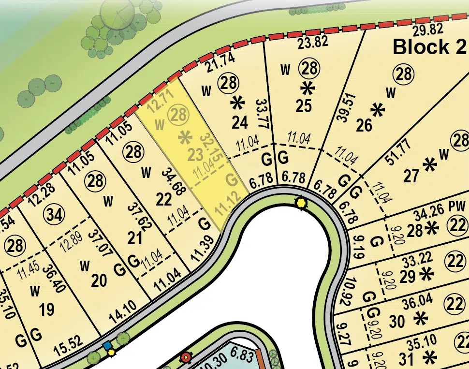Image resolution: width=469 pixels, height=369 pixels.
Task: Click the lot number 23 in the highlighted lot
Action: click(194, 156)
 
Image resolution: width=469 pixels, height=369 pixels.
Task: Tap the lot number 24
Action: click(240, 122)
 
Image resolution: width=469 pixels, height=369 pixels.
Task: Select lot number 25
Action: click(304, 106)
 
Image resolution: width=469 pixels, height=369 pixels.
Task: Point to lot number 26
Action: click(364, 125)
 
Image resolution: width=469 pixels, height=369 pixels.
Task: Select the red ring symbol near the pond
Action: click(185, 358)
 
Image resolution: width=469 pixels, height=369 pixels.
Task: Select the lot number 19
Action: click(47, 309)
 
